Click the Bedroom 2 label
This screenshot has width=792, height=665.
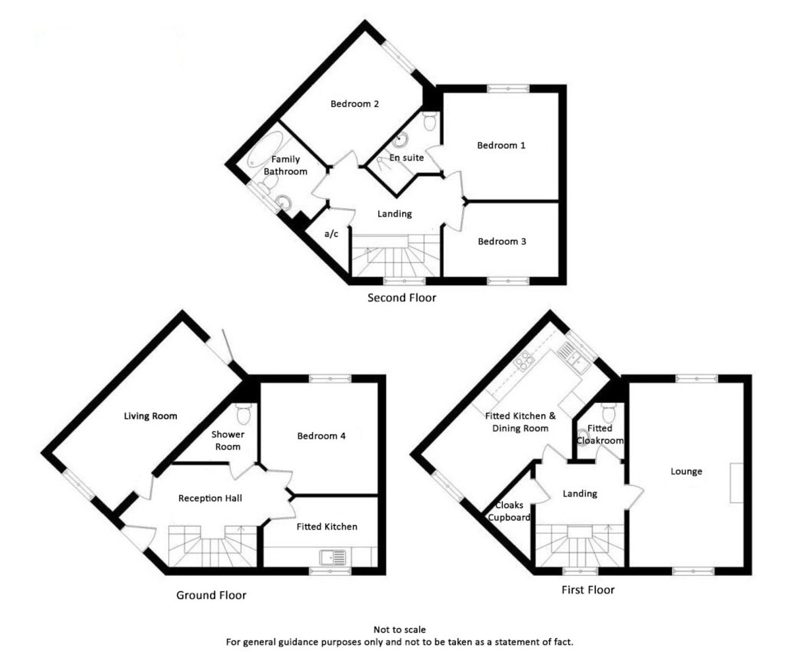coord(354,104)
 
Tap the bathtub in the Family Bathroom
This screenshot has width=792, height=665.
coord(265,149)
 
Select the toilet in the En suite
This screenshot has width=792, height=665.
coord(430,121)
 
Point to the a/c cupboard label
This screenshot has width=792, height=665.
coord(331,234)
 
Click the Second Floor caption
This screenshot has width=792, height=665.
coord(402,298)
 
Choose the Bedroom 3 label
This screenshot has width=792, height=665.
coord(502,241)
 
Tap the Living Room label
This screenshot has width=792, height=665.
coord(151,416)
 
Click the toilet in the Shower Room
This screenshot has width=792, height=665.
coord(244,414)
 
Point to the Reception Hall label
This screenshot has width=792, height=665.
coord(211,498)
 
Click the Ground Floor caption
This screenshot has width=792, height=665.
coord(211,595)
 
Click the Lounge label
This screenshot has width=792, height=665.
coord(686,471)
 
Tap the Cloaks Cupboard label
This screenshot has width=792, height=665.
coord(508,512)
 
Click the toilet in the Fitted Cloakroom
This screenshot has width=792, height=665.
coord(607,413)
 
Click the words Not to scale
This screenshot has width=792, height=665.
coord(395,631)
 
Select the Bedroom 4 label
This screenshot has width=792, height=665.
coord(321,436)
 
